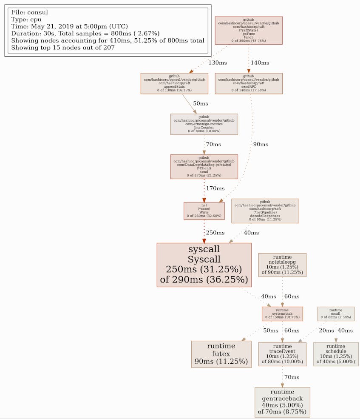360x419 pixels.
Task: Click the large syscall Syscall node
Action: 204,265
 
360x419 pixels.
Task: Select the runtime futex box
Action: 221,354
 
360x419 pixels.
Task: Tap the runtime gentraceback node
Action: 282,402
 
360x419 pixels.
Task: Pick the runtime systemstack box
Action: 282,314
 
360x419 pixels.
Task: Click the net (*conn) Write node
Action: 204,211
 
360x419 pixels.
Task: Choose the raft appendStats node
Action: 174,83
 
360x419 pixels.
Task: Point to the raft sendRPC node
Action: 249,83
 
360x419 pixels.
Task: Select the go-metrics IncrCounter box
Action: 204,124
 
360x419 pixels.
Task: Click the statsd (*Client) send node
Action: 204,166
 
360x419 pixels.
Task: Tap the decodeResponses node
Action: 265,211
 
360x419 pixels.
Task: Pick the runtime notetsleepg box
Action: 282,265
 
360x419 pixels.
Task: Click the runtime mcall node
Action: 336,314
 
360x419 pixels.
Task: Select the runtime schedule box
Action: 336,354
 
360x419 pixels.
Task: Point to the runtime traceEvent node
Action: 282,354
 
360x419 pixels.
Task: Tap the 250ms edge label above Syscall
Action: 215,233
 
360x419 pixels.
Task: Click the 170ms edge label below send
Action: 215,188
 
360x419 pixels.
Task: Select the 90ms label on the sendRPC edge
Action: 261,144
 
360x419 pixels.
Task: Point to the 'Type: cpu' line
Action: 26,19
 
